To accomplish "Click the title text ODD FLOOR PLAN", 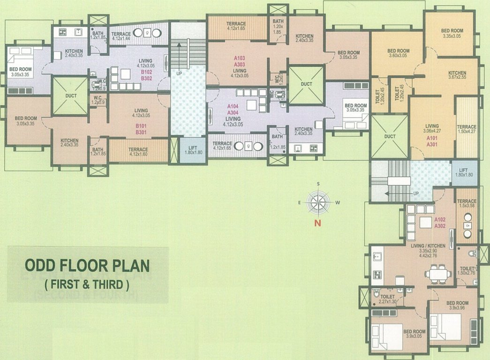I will pos(87,266).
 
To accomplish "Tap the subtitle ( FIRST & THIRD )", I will pos(87,284).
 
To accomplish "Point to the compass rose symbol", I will pos(318,202).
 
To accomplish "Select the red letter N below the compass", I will pos(317,224).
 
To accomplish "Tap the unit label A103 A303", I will pos(240,61).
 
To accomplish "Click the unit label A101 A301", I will pos(432,142).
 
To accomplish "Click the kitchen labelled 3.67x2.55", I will pos(457,76).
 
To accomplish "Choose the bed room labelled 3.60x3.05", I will pos(398,53).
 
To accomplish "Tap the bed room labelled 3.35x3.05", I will pos(452,33).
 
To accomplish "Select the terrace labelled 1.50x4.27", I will pos(467,130).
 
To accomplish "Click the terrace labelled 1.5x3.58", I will pos(467,203).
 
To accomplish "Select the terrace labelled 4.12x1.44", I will pos(121,37).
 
